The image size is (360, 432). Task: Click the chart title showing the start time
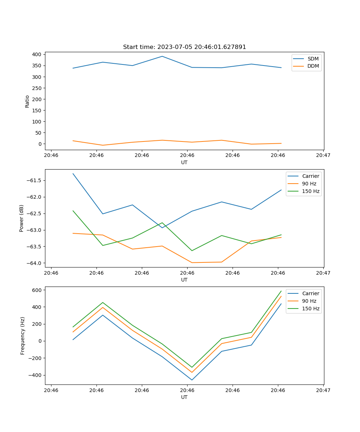click(184, 47)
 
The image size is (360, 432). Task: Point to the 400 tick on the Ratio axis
click(36, 54)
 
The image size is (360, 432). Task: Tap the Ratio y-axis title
click(27, 102)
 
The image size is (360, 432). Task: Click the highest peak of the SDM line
click(162, 56)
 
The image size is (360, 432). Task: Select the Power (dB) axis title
click(22, 218)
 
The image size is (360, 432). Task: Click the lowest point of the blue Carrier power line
click(162, 228)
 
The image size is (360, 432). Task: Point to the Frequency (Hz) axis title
click(22, 336)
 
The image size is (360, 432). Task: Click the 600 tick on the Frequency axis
click(37, 290)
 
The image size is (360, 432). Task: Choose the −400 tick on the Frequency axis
click(36, 375)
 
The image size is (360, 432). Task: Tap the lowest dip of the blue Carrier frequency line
click(192, 380)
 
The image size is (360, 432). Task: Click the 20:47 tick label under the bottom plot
click(323, 390)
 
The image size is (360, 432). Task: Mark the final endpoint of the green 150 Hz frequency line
click(281, 291)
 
